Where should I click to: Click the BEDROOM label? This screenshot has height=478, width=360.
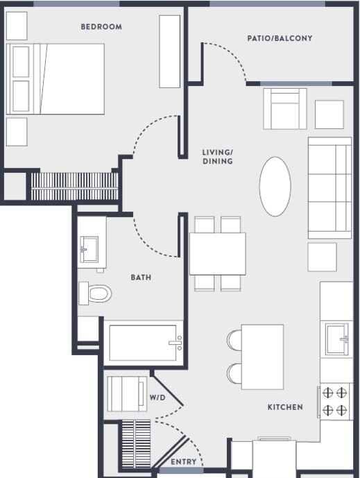(101, 27)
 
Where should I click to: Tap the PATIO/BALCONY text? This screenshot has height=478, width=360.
(280, 38)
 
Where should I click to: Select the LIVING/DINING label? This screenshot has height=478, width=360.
(217, 157)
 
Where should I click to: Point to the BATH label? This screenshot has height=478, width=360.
(142, 278)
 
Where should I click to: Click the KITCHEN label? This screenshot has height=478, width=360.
(285, 407)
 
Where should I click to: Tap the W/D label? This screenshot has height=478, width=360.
(158, 398)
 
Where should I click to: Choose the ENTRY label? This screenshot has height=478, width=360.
(184, 461)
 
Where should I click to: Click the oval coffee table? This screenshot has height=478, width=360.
(275, 186)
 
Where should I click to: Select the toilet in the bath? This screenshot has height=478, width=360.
(95, 293)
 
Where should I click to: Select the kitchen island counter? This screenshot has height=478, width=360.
(262, 357)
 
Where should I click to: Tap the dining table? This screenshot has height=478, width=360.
(217, 254)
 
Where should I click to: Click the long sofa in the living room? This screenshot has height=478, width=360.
(329, 188)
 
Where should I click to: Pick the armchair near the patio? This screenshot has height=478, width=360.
(284, 109)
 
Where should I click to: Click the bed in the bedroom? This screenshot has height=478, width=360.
(55, 79)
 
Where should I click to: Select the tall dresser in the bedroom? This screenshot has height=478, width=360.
(170, 51)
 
